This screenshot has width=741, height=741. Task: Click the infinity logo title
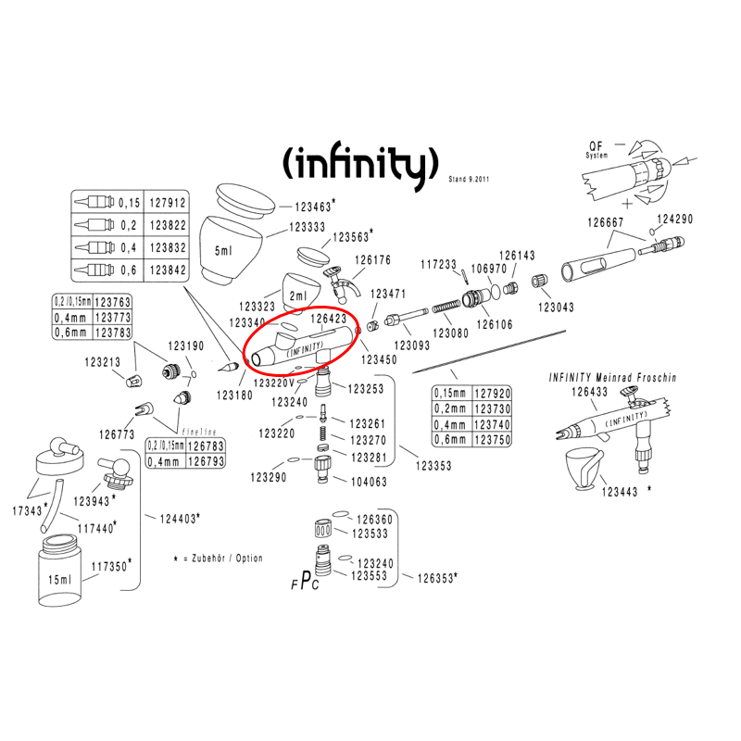[x=358, y=163]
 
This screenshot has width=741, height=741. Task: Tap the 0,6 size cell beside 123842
[x=130, y=270]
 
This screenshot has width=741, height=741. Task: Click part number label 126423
[x=328, y=318]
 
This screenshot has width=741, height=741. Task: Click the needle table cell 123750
[x=492, y=440]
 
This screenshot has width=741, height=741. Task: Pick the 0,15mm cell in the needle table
[x=452, y=393]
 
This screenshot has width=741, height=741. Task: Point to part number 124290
[x=677, y=219]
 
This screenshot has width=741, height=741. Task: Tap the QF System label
[x=597, y=150]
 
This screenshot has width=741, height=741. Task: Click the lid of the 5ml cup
[x=245, y=199]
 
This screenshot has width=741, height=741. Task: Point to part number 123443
[x=621, y=492]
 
